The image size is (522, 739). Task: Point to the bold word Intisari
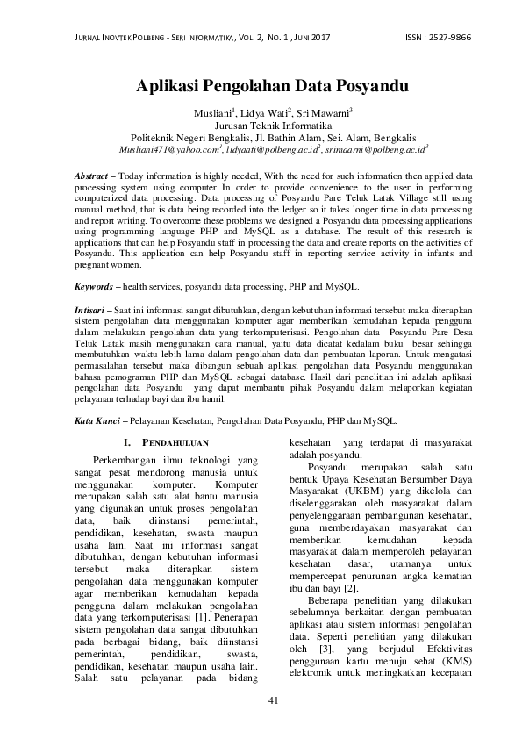pos(90,312)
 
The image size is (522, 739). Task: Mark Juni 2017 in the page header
pos(310,38)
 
